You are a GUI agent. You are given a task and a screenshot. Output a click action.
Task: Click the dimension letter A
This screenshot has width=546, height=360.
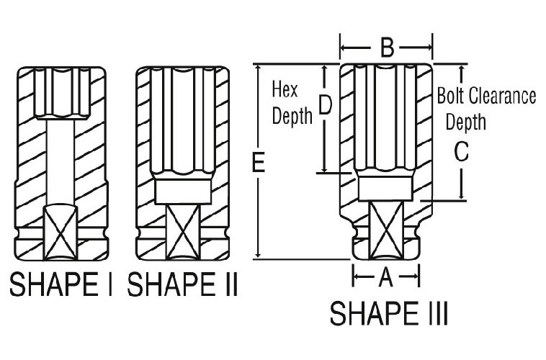pos(386,277)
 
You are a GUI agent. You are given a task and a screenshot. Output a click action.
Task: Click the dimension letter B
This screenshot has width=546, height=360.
pos(388,48)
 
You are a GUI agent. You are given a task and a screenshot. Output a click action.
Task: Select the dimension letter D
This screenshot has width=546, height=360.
pos(326,105)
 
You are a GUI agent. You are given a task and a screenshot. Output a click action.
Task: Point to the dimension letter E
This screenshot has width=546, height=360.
pos(259,162)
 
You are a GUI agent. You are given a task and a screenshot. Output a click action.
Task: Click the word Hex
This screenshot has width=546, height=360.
pos(285,89)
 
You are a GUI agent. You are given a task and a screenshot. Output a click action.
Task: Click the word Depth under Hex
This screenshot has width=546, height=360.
pos(292,115)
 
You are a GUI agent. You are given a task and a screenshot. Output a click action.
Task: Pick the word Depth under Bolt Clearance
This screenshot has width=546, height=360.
pos(466,122)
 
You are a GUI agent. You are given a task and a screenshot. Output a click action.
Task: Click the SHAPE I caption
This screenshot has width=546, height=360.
pos(62,284)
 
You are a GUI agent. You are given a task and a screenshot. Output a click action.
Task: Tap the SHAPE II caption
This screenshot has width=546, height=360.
pos(182,284)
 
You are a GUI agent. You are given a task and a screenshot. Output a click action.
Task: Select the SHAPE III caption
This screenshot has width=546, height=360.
pos(388,313)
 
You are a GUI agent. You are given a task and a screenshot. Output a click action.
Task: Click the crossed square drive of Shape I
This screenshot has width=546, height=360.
pos(61,233)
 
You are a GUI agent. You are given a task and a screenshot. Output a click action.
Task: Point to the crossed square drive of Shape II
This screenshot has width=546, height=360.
pos(183,232)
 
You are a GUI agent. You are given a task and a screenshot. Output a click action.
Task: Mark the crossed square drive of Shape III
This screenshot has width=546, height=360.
pos(386,230)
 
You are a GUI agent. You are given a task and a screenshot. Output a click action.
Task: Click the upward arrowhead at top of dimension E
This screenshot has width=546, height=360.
pos(258,69)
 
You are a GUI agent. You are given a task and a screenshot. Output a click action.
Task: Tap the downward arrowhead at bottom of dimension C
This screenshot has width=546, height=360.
pos(462,195)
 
